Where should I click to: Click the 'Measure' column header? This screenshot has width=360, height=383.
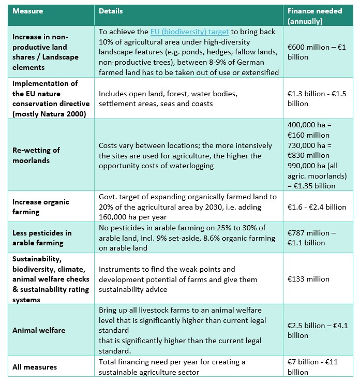point(28,10)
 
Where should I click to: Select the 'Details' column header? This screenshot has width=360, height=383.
point(111,10)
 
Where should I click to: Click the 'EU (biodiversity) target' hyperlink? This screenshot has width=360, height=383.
point(187,32)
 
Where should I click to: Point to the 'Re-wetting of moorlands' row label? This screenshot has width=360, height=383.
point(36,155)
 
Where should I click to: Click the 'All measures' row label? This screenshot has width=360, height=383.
point(35,367)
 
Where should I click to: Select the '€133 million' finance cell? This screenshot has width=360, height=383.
point(308,279)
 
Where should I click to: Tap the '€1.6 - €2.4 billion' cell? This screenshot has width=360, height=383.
point(317,207)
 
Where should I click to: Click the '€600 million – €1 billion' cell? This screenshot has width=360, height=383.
point(316,52)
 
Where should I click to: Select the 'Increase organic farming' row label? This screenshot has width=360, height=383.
point(40,207)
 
